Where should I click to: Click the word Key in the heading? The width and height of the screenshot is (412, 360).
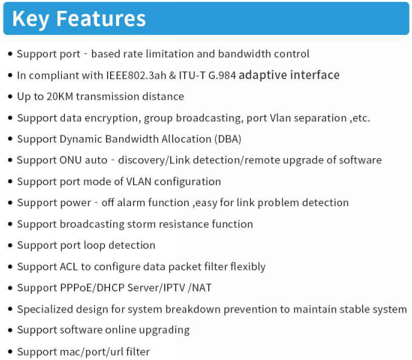[x=31, y=19]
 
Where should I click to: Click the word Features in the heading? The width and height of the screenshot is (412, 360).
[x=101, y=19]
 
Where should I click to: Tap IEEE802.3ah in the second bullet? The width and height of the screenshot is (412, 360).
[x=136, y=75]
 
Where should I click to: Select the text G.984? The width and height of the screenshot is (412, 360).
[x=222, y=75]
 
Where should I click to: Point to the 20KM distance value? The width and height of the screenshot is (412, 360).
[x=60, y=97]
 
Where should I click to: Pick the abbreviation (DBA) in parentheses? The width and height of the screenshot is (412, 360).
[x=228, y=139]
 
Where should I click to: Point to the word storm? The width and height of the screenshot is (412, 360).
[x=141, y=224]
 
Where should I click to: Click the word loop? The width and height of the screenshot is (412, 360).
[x=94, y=246]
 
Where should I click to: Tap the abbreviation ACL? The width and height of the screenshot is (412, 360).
[x=69, y=267]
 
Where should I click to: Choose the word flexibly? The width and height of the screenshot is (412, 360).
[x=248, y=267]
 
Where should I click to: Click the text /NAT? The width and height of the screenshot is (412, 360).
[x=200, y=288]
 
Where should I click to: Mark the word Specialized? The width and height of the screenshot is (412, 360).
[x=45, y=310]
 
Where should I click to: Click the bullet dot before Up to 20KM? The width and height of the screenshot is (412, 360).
[x=10, y=97]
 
